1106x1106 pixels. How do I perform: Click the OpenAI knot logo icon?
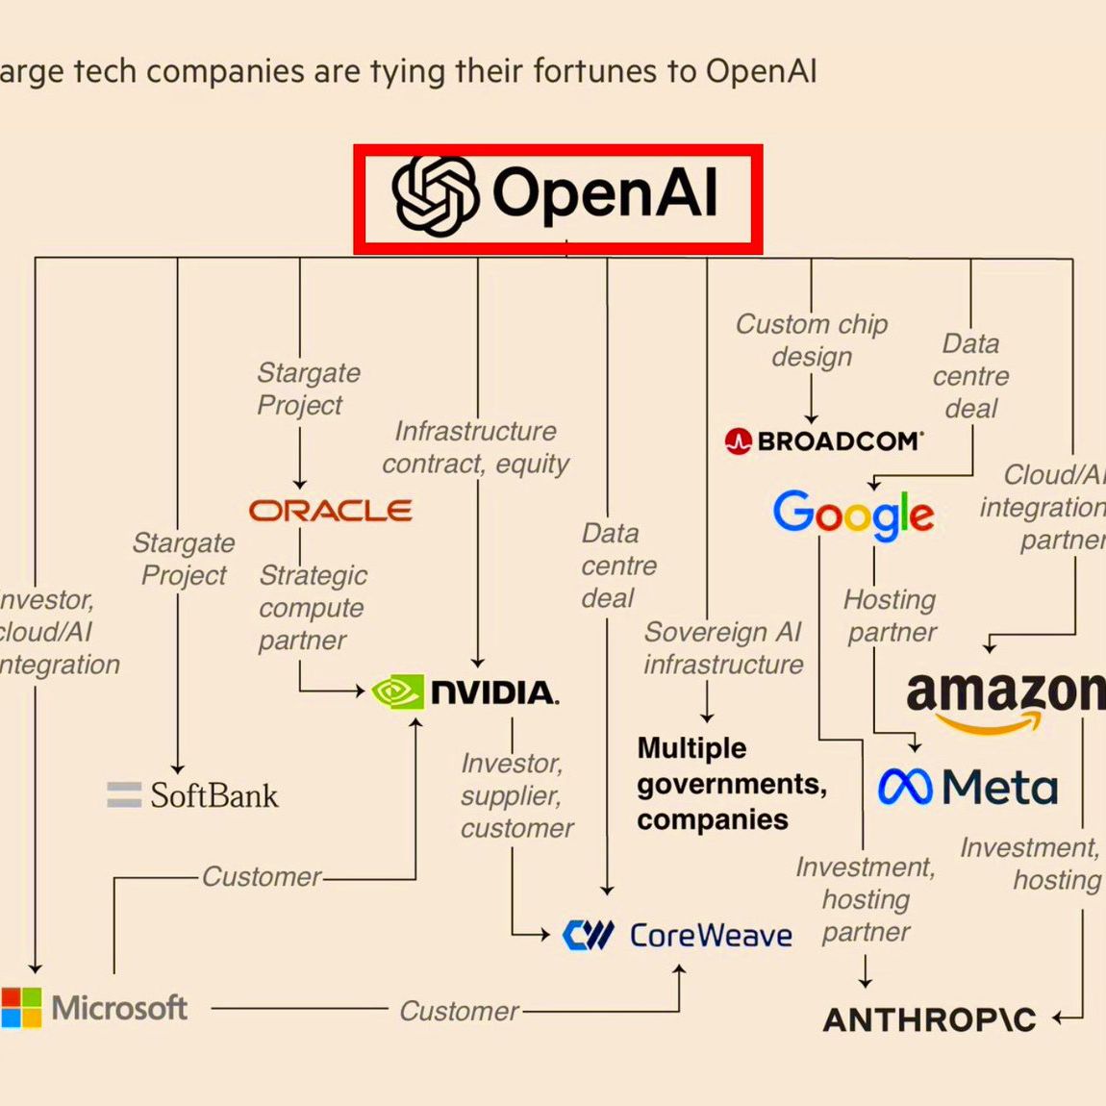click(x=435, y=195)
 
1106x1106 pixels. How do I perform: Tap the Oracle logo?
click(x=331, y=510)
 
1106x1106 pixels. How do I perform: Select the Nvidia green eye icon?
click(x=397, y=691)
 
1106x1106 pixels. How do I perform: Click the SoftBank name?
click(x=214, y=795)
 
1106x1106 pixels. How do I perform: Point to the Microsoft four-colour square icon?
click(x=20, y=1007)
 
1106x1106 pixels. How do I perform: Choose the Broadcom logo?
click(x=824, y=441)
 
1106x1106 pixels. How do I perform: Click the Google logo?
click(x=853, y=514)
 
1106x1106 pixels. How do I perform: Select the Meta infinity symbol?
click(x=904, y=788)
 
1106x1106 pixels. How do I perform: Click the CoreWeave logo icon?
click(x=588, y=935)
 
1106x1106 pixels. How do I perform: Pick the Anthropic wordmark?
click(x=929, y=1019)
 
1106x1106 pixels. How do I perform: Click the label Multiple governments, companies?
click(x=731, y=784)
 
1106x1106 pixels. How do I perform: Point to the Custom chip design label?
click(x=812, y=340)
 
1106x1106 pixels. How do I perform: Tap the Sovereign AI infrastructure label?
click(x=723, y=648)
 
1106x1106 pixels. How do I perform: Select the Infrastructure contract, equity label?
click(x=476, y=447)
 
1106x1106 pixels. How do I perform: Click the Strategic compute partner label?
click(x=312, y=608)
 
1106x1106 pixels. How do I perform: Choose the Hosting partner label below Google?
click(x=891, y=616)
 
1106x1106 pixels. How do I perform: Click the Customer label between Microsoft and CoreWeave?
click(x=459, y=1011)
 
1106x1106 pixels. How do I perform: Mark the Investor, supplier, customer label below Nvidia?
click(x=516, y=795)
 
